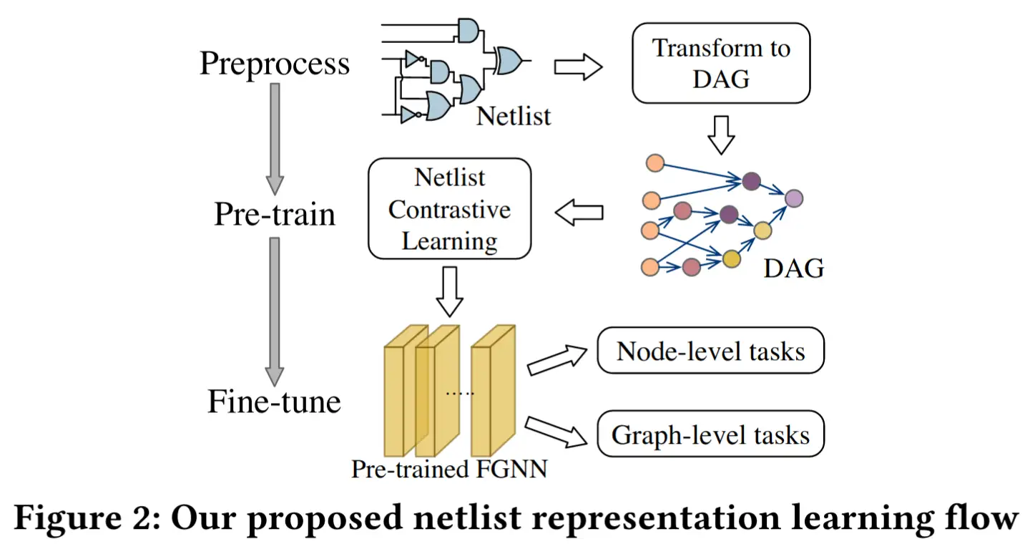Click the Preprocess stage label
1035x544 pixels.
(275, 64)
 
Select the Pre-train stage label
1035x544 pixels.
(275, 215)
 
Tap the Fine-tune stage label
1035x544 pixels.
(275, 401)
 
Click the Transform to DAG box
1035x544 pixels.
(721, 63)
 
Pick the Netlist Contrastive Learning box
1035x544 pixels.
(450, 208)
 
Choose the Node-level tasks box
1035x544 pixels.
(711, 350)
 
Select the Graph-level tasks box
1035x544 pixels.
(711, 434)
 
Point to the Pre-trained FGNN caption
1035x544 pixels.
(449, 469)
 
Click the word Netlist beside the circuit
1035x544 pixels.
(514, 115)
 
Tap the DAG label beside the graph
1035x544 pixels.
(794, 268)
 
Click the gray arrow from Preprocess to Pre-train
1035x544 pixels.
(275, 139)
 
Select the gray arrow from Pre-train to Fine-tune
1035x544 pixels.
(275, 312)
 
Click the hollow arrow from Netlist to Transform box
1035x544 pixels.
(578, 67)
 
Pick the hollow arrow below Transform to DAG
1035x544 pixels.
(721, 135)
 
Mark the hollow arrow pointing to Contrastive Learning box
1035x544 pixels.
(579, 213)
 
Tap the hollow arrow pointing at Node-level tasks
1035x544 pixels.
(557, 361)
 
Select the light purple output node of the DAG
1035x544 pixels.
(794, 199)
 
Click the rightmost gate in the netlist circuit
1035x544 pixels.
(509, 61)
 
